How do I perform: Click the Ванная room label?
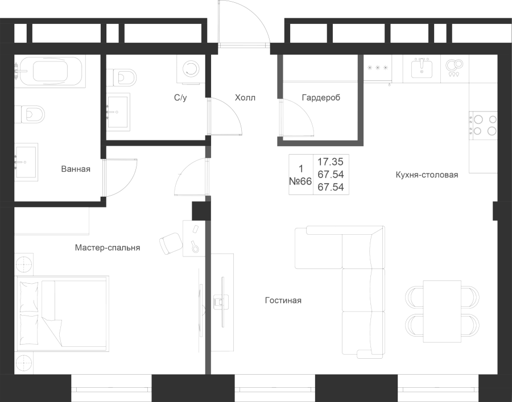tap(76, 169)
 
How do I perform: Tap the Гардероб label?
tap(321, 98)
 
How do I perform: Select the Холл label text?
tap(245, 98)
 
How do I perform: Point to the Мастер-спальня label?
tap(108, 248)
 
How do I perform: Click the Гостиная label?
tap(283, 300)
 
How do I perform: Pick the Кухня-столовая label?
tap(427, 175)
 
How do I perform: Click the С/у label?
tap(180, 98)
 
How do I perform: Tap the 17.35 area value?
tap(331, 161)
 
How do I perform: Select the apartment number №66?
tap(300, 181)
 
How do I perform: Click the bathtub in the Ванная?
tap(50, 71)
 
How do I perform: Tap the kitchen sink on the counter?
tap(422, 69)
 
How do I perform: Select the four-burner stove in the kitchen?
tap(484, 126)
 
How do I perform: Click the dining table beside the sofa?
tap(443, 311)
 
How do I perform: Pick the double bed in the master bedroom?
tap(62, 314)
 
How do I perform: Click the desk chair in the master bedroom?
tap(171, 243)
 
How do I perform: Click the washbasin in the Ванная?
tap(26, 162)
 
